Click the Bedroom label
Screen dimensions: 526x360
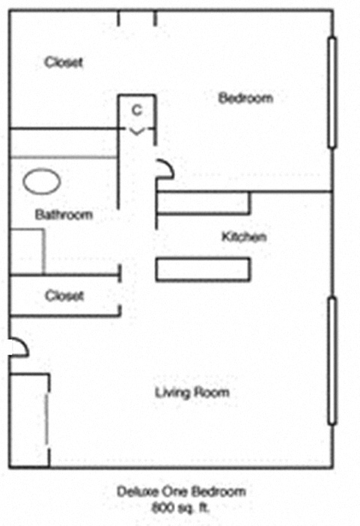pyautogui.click(x=245, y=98)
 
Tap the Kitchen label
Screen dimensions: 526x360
pyautogui.click(x=244, y=238)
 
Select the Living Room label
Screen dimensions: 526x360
pyautogui.click(x=192, y=393)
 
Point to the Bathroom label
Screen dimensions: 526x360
pyautogui.click(x=64, y=215)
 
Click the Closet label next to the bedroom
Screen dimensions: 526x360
pyautogui.click(x=63, y=62)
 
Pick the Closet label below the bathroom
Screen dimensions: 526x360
pyautogui.click(x=64, y=296)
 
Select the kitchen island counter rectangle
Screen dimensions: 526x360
pyautogui.click(x=202, y=269)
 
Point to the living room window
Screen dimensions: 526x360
pyautogui.click(x=332, y=361)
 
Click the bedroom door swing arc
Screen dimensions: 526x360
pyautogui.click(x=165, y=170)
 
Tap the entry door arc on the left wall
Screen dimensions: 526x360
pyautogui.click(x=18, y=345)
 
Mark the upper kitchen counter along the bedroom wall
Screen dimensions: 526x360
pyautogui.click(x=202, y=203)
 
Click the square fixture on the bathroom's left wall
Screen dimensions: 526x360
pyautogui.click(x=27, y=251)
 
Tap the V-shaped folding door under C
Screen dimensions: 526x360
pyautogui.click(x=136, y=131)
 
